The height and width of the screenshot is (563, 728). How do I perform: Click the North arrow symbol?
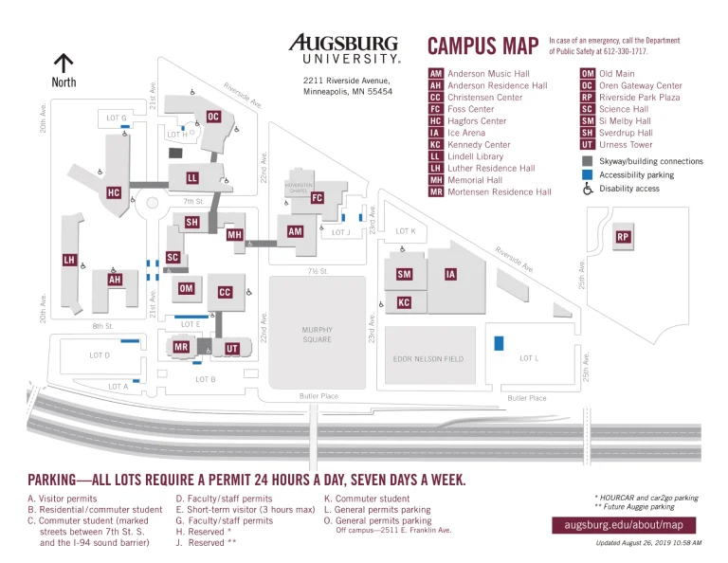(x=64, y=64)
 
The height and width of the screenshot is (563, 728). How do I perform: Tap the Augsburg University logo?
(x=344, y=48)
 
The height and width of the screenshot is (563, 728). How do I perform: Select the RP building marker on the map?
(x=623, y=236)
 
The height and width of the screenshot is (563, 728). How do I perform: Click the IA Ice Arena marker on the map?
(x=451, y=274)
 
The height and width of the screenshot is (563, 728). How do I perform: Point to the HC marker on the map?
(x=114, y=192)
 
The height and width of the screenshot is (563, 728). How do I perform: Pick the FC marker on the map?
(x=318, y=198)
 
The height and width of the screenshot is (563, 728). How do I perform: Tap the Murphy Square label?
(x=317, y=335)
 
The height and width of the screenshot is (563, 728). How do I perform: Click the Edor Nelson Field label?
(x=428, y=359)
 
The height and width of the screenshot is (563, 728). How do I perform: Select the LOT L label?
(x=529, y=358)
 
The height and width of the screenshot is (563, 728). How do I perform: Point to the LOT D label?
(x=100, y=355)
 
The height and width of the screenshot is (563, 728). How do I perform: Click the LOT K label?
(x=405, y=231)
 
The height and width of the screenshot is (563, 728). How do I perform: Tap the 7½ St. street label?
(x=317, y=271)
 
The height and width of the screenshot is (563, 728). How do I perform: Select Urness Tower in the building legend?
(x=626, y=145)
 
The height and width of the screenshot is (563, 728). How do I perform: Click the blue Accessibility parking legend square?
(x=588, y=174)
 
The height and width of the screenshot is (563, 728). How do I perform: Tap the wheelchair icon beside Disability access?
(x=588, y=189)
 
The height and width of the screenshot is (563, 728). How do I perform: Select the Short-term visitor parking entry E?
(x=245, y=509)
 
